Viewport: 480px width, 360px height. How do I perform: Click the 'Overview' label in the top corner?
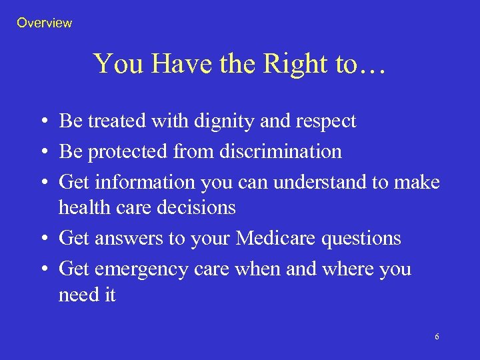[x=44, y=23]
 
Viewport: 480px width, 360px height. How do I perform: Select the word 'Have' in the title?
[x=175, y=64]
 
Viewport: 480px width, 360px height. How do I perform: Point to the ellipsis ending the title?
[x=371, y=65]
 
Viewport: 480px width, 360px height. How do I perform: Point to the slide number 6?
[x=437, y=337]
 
